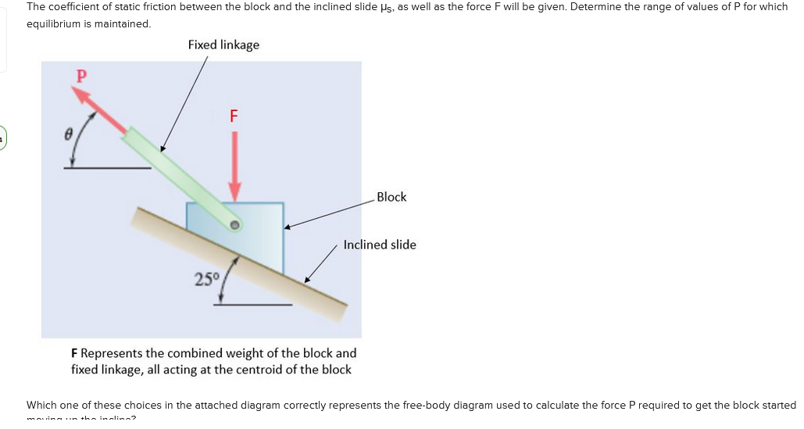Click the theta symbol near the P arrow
pos(68,134)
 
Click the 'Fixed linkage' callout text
pos(223,45)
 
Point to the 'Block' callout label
pos(391,197)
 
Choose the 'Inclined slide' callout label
pos(380,245)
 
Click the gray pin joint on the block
pos(234,225)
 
